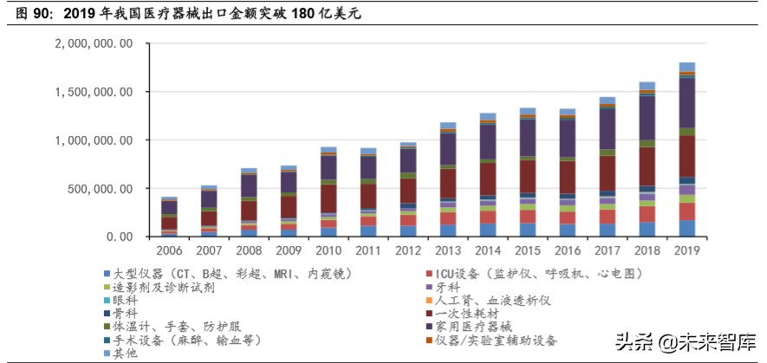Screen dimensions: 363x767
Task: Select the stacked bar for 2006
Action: click(169, 217)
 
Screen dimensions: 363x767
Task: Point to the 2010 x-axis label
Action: click(328, 251)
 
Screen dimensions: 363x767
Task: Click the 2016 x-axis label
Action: click(567, 251)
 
